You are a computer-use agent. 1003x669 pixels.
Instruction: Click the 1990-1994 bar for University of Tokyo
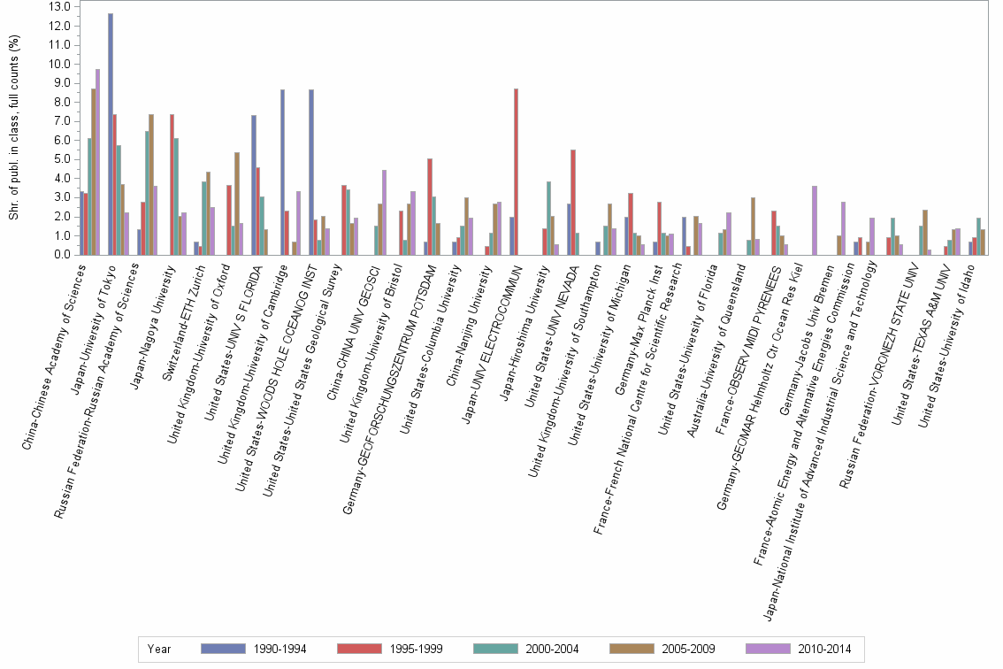pyautogui.click(x=111, y=134)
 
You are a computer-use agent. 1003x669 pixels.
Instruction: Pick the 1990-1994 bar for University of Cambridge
pyautogui.click(x=283, y=172)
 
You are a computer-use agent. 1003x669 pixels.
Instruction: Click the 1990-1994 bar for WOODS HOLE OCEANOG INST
pyautogui.click(x=311, y=172)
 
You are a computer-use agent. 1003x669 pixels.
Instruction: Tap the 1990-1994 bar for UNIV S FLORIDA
pyautogui.click(x=254, y=185)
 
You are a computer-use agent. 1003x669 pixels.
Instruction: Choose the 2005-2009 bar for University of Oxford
pyautogui.click(x=237, y=204)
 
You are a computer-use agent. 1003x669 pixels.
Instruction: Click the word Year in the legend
pyautogui.click(x=160, y=649)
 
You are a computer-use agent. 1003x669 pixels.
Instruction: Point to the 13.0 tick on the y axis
pyautogui.click(x=60, y=7)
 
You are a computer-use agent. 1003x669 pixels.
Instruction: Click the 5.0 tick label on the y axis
pyautogui.click(x=60, y=159)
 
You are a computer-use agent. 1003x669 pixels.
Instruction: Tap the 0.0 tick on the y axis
pyautogui.click(x=60, y=255)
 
